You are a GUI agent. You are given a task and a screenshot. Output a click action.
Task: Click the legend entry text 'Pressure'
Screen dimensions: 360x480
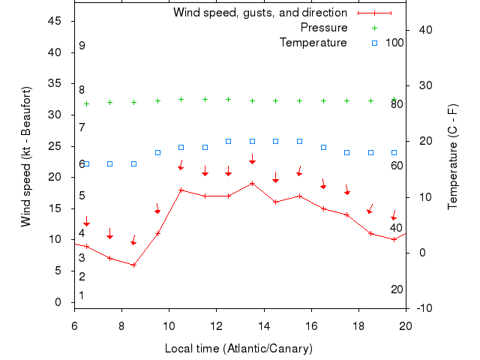[324, 28]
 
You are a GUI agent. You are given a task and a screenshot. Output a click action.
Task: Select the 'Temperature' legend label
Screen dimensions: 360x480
[313, 42]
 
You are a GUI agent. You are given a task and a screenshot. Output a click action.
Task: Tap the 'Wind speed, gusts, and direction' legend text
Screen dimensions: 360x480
[260, 13]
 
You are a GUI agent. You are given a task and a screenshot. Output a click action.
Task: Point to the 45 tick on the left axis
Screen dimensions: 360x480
[55, 21]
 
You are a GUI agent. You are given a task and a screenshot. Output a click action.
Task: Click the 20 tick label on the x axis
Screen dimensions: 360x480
[406, 325]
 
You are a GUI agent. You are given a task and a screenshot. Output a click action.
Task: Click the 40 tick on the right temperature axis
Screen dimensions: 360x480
[423, 30]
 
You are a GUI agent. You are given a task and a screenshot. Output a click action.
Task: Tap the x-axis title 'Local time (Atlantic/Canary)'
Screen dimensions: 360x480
[238, 349]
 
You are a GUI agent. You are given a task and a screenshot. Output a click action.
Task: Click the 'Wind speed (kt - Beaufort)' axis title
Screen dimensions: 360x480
[26, 157]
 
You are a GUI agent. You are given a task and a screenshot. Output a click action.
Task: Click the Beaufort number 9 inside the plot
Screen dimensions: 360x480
[82, 46]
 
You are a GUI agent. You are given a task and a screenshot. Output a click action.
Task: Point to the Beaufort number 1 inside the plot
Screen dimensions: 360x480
[82, 295]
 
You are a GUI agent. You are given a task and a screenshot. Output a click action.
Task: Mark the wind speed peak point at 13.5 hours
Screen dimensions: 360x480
[253, 183]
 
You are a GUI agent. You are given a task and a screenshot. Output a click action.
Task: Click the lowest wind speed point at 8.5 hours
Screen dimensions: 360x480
[133, 265]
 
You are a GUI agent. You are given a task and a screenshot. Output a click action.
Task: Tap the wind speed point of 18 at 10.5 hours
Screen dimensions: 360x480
[181, 190]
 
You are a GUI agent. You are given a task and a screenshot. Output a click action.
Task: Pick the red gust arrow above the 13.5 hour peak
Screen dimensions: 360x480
[253, 160]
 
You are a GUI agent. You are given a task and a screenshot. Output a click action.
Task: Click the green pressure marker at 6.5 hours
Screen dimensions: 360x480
[86, 103]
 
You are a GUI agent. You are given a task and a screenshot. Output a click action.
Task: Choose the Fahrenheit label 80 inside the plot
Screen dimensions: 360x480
[397, 104]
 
